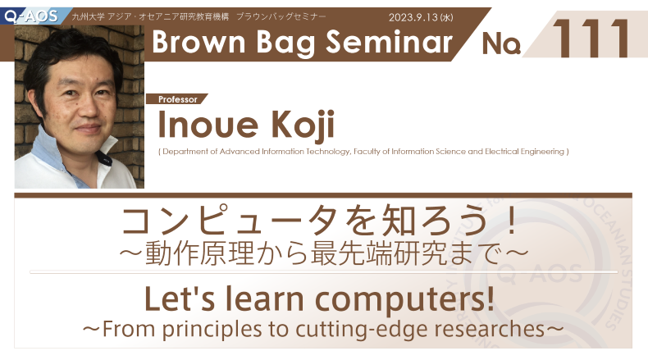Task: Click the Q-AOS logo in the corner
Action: coord(31,16)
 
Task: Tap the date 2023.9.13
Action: coord(413,17)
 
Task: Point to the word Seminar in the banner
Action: coord(390,42)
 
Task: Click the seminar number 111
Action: coord(591,39)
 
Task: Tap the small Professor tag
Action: coord(178,99)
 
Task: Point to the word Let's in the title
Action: coord(180,298)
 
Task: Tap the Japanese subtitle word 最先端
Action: coord(351,253)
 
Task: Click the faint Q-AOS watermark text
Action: coord(539,274)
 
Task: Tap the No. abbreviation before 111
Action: coord(501,43)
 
